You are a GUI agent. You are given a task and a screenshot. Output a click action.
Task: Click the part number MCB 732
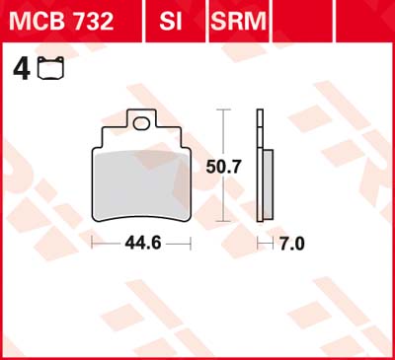point(61,21)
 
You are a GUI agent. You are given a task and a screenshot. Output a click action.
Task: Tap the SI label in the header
point(171,21)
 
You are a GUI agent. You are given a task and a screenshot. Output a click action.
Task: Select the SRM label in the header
point(238,21)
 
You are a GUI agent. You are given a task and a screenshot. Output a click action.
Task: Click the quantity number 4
point(22,69)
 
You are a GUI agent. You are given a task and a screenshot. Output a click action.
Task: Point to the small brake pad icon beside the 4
point(50,68)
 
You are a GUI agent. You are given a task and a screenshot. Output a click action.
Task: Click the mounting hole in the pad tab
point(141,123)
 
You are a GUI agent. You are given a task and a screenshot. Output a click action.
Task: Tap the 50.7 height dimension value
point(223,167)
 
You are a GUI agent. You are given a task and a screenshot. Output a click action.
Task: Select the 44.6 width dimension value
point(143,244)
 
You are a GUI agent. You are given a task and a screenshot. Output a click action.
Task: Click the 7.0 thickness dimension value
point(292,244)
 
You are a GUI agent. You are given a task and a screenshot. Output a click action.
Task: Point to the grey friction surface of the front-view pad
point(141,184)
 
